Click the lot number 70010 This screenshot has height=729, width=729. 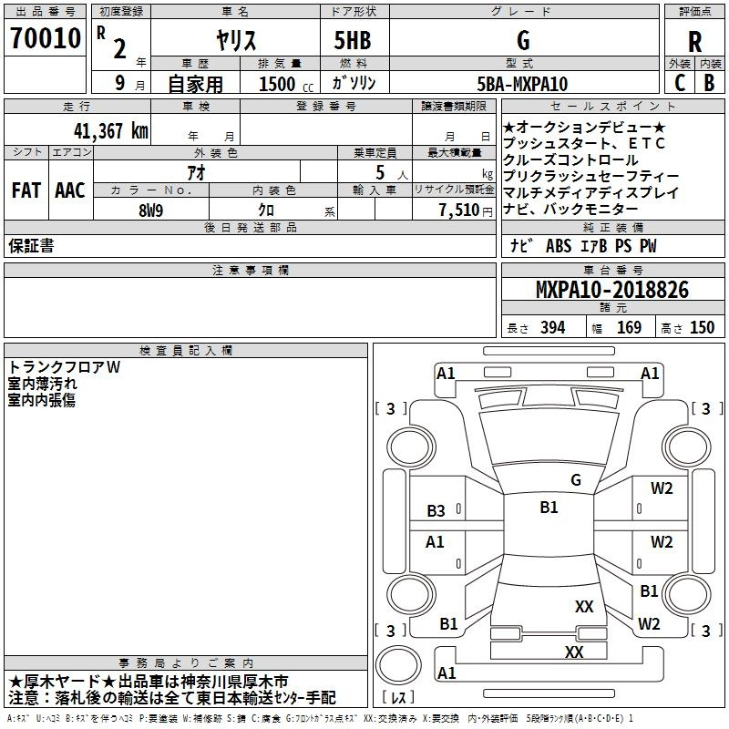(46, 37)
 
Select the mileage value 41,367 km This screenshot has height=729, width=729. (111, 130)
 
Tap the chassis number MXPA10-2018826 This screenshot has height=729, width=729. (612, 289)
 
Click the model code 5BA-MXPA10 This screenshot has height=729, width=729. (522, 84)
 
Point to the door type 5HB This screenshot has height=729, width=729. (353, 40)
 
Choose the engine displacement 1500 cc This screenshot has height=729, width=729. (286, 84)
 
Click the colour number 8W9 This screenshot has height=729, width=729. (150, 210)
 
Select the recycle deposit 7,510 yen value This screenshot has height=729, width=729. (466, 210)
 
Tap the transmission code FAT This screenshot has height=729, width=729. (26, 190)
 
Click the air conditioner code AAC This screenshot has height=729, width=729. (70, 190)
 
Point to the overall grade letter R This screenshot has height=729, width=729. (694, 42)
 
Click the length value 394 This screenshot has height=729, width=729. (552, 327)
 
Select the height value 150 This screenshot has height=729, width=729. (702, 327)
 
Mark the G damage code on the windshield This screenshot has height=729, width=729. (576, 479)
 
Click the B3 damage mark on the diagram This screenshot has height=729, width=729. (436, 510)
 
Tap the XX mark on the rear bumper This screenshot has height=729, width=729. (574, 652)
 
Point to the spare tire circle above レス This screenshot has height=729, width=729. (398, 665)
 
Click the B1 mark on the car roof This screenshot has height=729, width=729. (549, 507)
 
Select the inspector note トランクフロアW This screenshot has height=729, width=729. (64, 367)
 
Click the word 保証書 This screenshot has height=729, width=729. (31, 245)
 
